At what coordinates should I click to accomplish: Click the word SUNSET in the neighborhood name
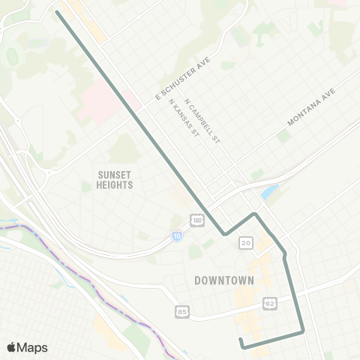115,173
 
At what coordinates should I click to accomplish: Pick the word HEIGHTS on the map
115,184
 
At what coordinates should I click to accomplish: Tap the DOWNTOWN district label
224,280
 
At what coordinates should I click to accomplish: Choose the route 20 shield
246,243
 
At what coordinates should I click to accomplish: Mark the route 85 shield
182,310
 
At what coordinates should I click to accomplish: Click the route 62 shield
268,303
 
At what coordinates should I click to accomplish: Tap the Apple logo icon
10,347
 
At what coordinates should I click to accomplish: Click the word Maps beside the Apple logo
32,347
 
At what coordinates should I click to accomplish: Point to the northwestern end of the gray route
58,12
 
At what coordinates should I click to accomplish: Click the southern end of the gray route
241,341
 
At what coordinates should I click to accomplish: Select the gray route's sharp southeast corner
302,331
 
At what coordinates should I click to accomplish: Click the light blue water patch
268,193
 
